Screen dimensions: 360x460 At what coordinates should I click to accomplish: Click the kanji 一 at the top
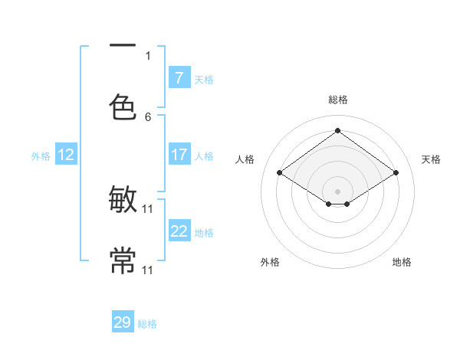(x=123, y=46)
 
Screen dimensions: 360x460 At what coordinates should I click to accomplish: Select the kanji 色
(x=123, y=106)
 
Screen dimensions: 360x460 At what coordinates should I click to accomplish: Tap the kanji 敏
(x=123, y=201)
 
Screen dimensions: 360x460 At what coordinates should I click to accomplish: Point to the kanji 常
(x=123, y=260)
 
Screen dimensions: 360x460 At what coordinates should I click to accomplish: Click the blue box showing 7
(x=179, y=78)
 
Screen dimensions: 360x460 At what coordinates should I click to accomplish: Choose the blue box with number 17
(x=179, y=155)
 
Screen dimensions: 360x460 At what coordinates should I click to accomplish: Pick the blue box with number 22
(x=179, y=231)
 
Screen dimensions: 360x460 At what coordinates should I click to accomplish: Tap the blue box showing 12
(x=66, y=155)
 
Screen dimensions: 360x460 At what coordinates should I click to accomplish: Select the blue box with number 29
(x=123, y=322)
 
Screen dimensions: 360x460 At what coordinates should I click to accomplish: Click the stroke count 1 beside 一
(x=148, y=55)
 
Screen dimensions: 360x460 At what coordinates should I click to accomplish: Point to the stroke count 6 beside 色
(x=148, y=116)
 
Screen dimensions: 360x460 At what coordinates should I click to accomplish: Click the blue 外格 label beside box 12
(x=41, y=155)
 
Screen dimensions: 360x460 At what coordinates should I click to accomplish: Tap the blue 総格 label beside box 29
(x=147, y=324)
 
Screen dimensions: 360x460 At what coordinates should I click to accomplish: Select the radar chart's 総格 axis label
(x=338, y=100)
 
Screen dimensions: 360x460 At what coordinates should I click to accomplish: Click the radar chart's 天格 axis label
(x=431, y=159)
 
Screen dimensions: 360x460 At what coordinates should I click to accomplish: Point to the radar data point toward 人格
(x=280, y=173)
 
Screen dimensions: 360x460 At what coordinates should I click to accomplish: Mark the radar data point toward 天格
(x=396, y=173)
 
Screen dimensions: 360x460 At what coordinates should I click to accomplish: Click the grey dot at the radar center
(x=338, y=191)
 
